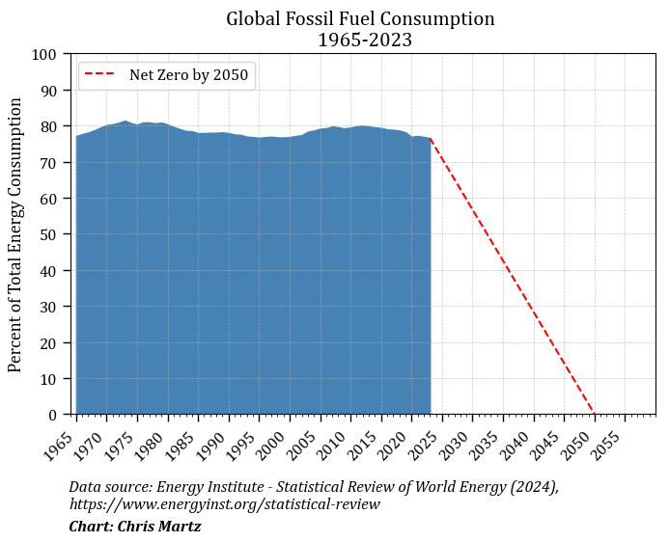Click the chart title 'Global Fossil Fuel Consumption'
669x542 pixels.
tap(360, 18)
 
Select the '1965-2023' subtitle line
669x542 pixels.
tap(360, 40)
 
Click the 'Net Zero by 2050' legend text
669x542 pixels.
tap(188, 75)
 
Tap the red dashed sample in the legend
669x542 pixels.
tap(100, 75)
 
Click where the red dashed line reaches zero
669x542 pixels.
tap(595, 415)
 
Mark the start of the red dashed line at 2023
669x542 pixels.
tap(431, 139)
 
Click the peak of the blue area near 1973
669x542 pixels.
tap(125, 122)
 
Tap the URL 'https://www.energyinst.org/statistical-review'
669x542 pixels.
tap(224, 504)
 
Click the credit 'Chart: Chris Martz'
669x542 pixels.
tap(135, 527)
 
